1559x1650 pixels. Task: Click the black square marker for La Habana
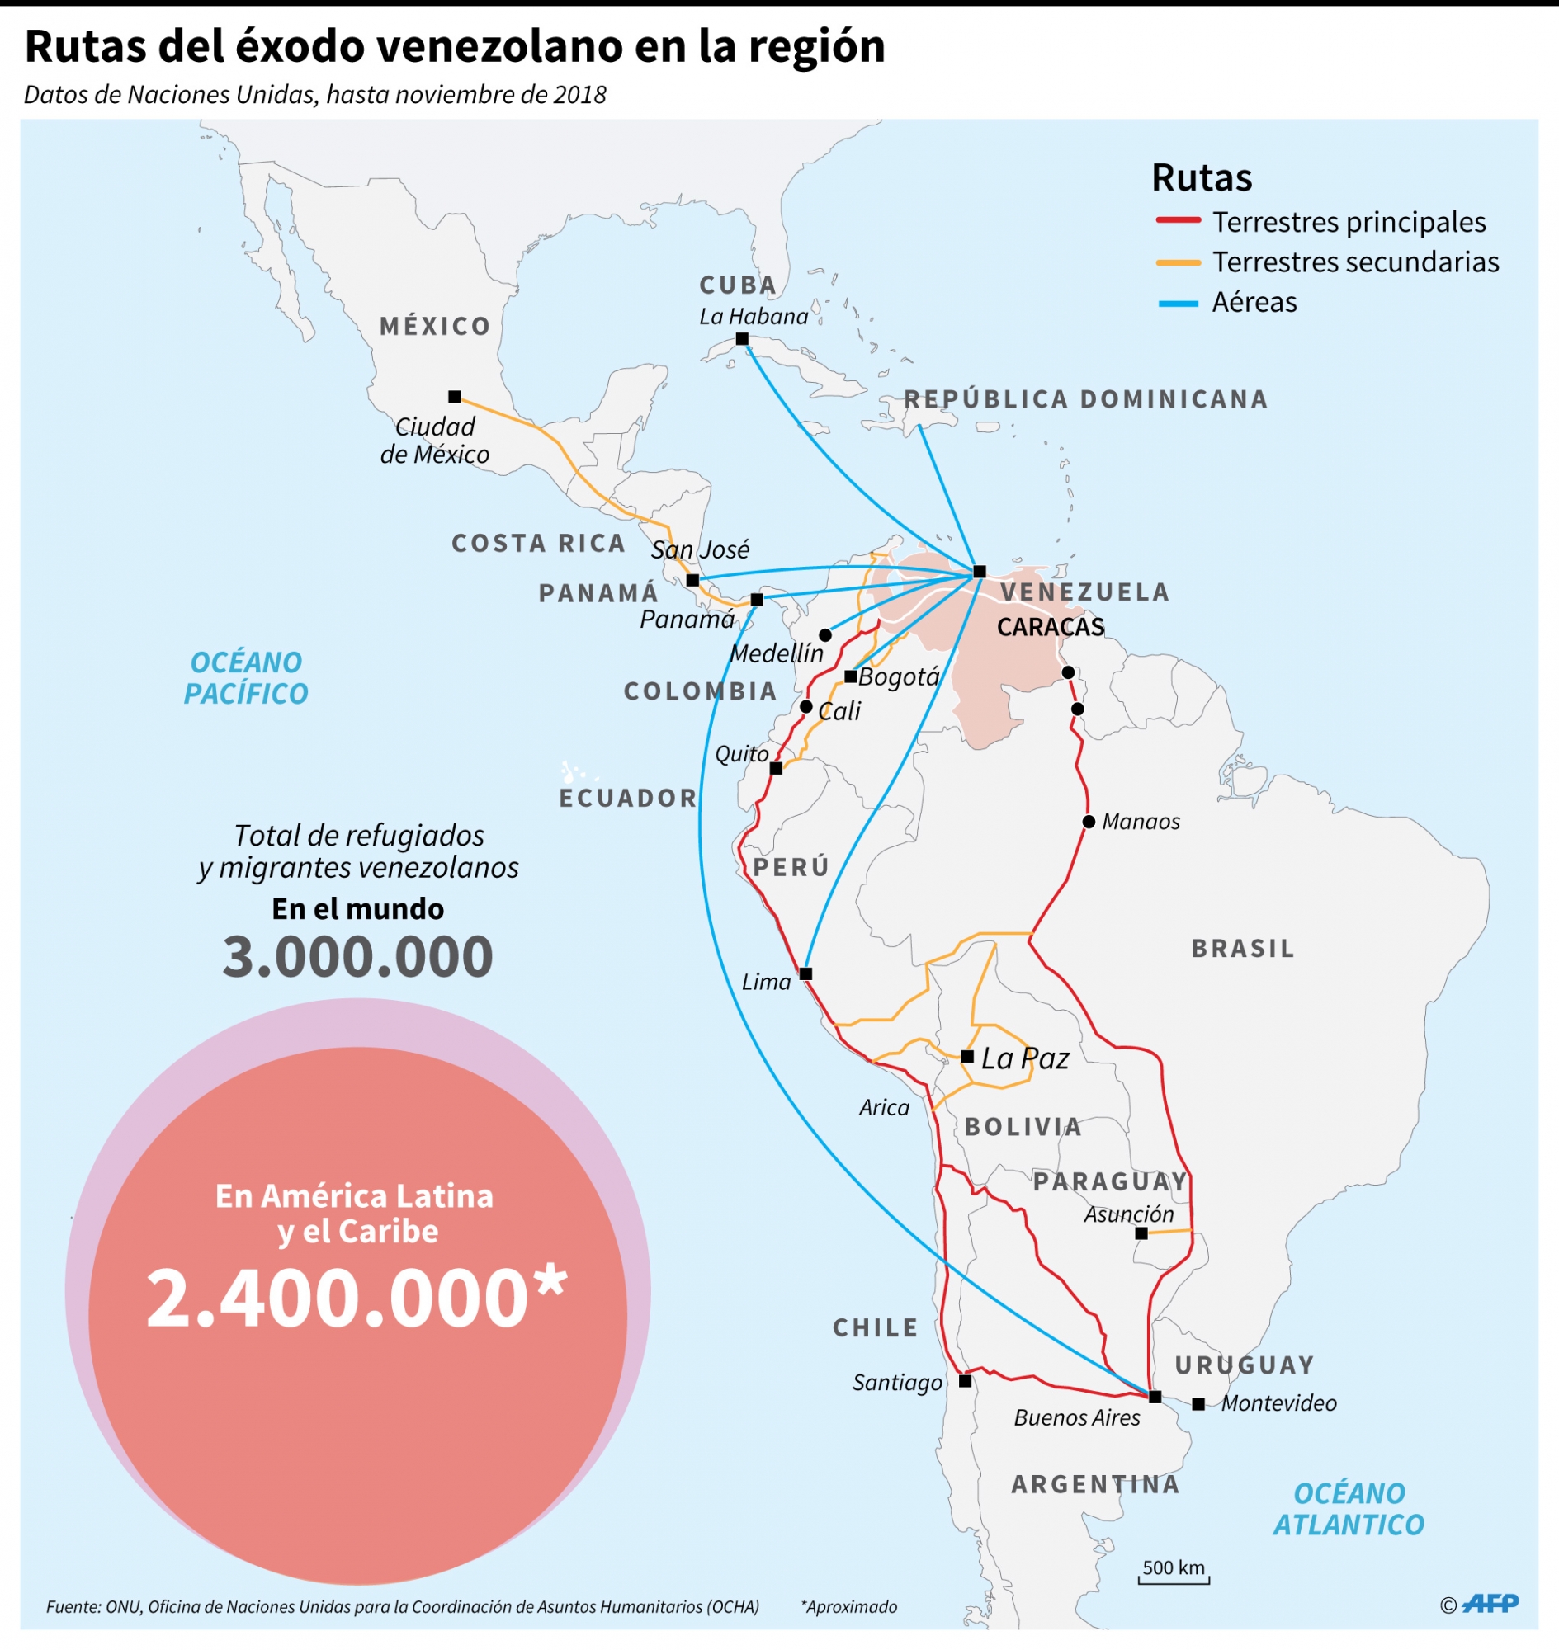pyautogui.click(x=742, y=339)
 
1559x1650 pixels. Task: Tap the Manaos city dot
pyautogui.click(x=1089, y=822)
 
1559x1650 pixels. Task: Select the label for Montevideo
pyautogui.click(x=1278, y=1403)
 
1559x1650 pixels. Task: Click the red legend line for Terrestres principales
pyautogui.click(x=1178, y=221)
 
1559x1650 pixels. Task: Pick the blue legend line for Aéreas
pyautogui.click(x=1178, y=304)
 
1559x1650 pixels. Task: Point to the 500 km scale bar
pyautogui.click(x=1174, y=1582)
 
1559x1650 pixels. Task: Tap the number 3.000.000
pyautogui.click(x=357, y=956)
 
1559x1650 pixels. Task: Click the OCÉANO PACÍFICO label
pyautogui.click(x=246, y=678)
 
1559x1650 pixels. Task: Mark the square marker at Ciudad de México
pyautogui.click(x=455, y=397)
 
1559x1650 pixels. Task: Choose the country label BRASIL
pyautogui.click(x=1242, y=948)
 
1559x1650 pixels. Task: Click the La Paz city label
pyautogui.click(x=1024, y=1058)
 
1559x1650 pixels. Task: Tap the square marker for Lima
pyautogui.click(x=805, y=973)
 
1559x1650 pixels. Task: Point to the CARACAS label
pyautogui.click(x=1051, y=627)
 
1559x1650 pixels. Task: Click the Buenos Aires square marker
pyautogui.click(x=1155, y=1397)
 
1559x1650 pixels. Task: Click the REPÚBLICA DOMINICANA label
pyautogui.click(x=1085, y=399)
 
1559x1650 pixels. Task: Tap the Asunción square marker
pyautogui.click(x=1141, y=1233)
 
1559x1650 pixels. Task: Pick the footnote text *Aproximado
pyautogui.click(x=848, y=1607)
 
